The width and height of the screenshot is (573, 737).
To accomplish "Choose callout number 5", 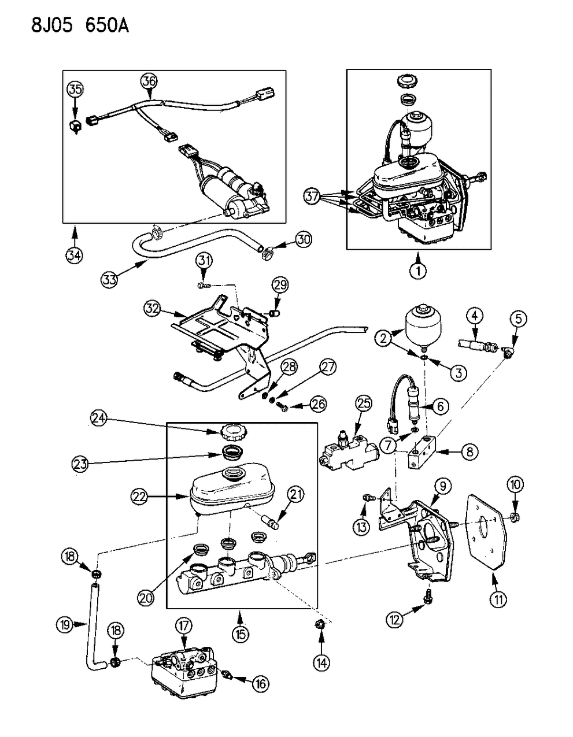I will (x=519, y=318).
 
